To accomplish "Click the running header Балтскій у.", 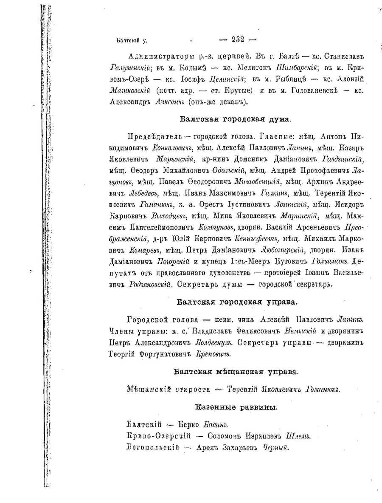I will click(x=132, y=41).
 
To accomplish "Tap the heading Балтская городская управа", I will click(x=236, y=302).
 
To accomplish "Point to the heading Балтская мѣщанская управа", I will click(x=236, y=372).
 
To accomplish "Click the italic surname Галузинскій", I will click(x=126, y=67).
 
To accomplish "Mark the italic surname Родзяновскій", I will click(x=150, y=283).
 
